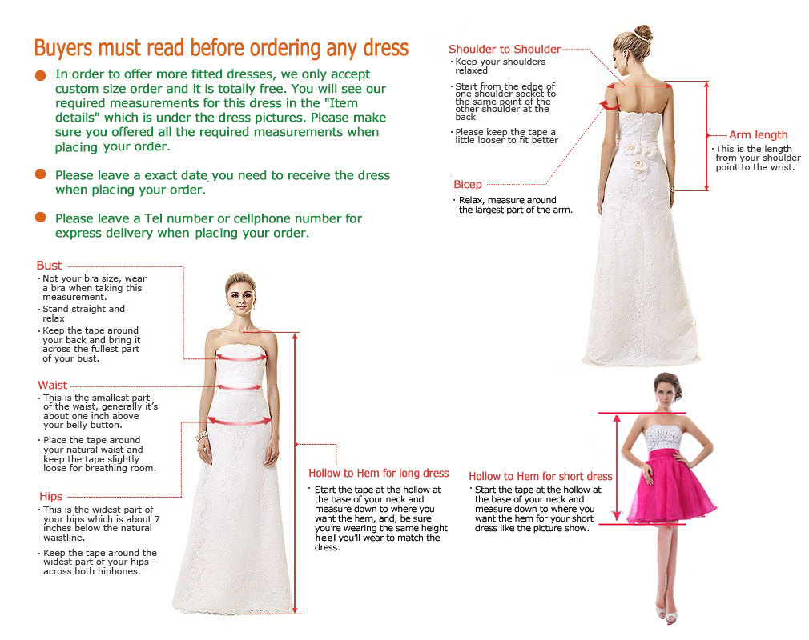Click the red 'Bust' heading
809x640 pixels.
pos(49,266)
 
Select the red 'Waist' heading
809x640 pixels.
pos(53,386)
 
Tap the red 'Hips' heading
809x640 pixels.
pos(50,497)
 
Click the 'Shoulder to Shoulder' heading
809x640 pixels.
pos(505,50)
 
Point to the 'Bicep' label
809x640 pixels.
pos(468,185)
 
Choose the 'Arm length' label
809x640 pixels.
pos(758,135)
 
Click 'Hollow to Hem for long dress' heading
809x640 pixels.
pos(379,474)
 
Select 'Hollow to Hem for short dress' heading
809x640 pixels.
pos(541,477)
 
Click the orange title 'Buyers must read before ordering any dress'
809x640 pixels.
pos(221,48)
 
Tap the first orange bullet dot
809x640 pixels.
pos(41,75)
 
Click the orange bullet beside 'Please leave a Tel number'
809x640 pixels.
pos(41,218)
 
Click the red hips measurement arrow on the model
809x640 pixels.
pos(239,421)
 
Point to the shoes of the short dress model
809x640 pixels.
pos(666,614)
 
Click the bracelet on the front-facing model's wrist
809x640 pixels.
pos(202,435)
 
